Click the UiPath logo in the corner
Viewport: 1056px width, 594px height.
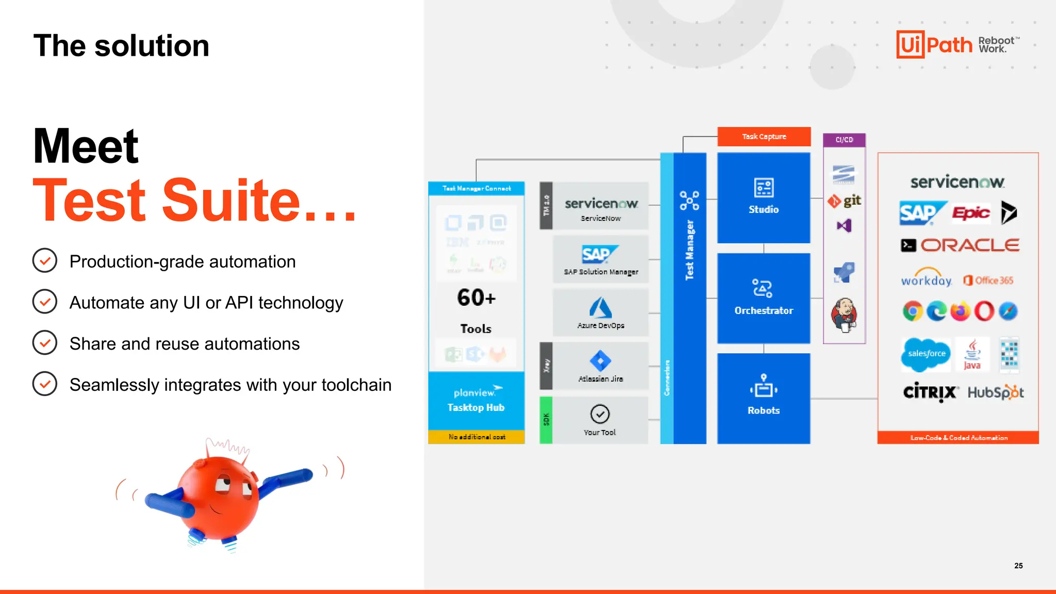(x=934, y=44)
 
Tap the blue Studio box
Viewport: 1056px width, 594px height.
(x=763, y=197)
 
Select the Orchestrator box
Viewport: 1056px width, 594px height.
(x=763, y=298)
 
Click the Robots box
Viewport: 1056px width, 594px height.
(x=763, y=398)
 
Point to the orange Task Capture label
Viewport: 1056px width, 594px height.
(x=764, y=137)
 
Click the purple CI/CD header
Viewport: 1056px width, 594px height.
(x=844, y=140)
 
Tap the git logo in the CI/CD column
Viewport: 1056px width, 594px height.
(x=844, y=201)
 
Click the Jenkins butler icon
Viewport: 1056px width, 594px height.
(x=844, y=315)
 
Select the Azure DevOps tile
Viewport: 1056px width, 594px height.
(x=601, y=312)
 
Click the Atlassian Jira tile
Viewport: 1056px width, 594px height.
(x=601, y=366)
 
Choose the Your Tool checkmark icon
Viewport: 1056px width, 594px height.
(x=600, y=414)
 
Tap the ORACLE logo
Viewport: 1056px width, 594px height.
(x=969, y=245)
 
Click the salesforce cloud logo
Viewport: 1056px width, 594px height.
(x=926, y=354)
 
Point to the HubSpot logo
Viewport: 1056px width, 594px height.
(x=995, y=393)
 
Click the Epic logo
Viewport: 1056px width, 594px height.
(x=971, y=213)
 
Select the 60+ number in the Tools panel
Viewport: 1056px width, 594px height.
(x=476, y=298)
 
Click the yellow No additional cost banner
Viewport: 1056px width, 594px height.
(x=476, y=437)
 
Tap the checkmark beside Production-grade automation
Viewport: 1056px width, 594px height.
(x=45, y=261)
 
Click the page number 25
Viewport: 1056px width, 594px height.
(x=1018, y=566)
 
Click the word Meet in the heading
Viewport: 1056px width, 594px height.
(x=86, y=146)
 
